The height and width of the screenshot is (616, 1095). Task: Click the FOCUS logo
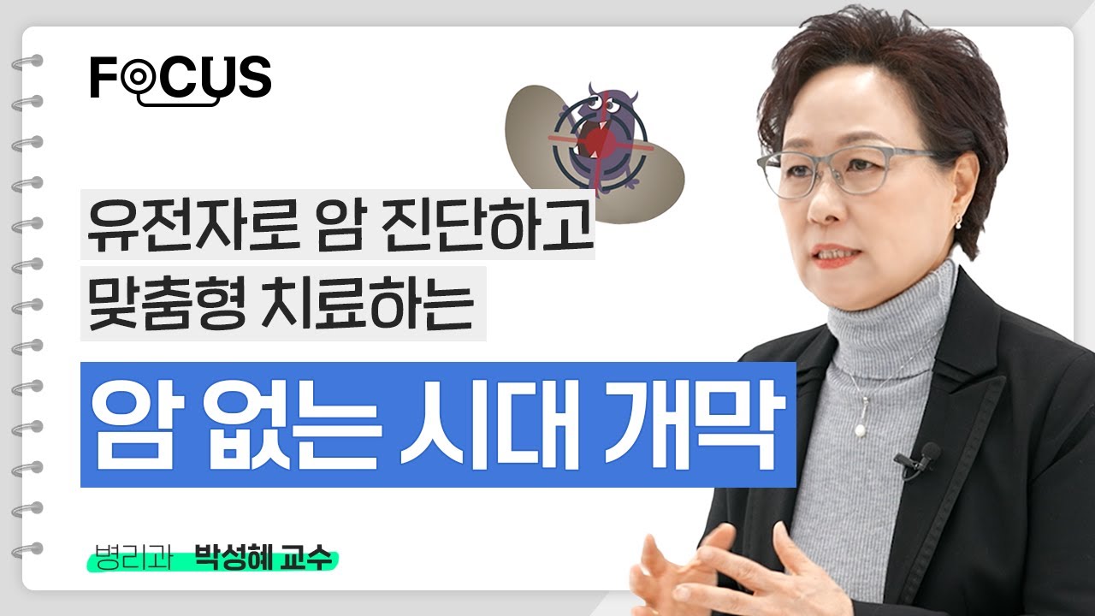pos(181,80)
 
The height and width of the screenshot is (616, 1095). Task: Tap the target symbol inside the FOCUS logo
pos(138,76)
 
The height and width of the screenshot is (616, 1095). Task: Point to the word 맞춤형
pos(166,303)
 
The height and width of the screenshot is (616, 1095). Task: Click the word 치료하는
pos(368,303)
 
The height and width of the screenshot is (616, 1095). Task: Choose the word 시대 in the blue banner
pos(489,424)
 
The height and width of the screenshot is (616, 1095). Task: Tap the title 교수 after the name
pos(306,559)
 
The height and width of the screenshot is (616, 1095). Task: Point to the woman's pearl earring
pos(958,222)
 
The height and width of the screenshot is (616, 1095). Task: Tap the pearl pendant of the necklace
pos(860,430)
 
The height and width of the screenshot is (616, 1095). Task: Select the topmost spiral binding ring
pos(27,63)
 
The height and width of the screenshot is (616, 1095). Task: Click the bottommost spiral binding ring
pos(27,550)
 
